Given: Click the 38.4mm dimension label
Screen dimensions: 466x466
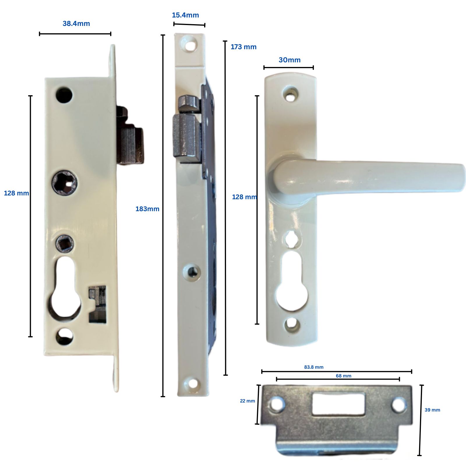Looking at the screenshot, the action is pos(76,24).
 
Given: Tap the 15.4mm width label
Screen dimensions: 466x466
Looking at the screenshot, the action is pos(185,15).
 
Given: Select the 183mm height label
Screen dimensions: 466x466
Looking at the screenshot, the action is pos(147,209).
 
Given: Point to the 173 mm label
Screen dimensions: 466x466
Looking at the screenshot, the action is pos(243,47).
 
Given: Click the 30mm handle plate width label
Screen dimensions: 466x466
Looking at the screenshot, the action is pos(290,60).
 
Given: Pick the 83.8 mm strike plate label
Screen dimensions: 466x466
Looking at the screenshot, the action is pos(314,367).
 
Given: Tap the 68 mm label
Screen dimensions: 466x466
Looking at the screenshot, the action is pos(343,376).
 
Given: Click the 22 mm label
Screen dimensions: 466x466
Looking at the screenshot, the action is pos(247,401).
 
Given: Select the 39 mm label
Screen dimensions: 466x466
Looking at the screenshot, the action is pos(432,410).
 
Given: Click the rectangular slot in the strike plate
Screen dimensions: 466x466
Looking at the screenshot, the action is pos(338,403).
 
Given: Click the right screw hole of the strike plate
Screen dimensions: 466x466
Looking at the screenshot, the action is pos(399,405).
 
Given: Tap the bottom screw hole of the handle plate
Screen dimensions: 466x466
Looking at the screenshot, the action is pos(292,324).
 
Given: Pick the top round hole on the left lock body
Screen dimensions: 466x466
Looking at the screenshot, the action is pos(64,95).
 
